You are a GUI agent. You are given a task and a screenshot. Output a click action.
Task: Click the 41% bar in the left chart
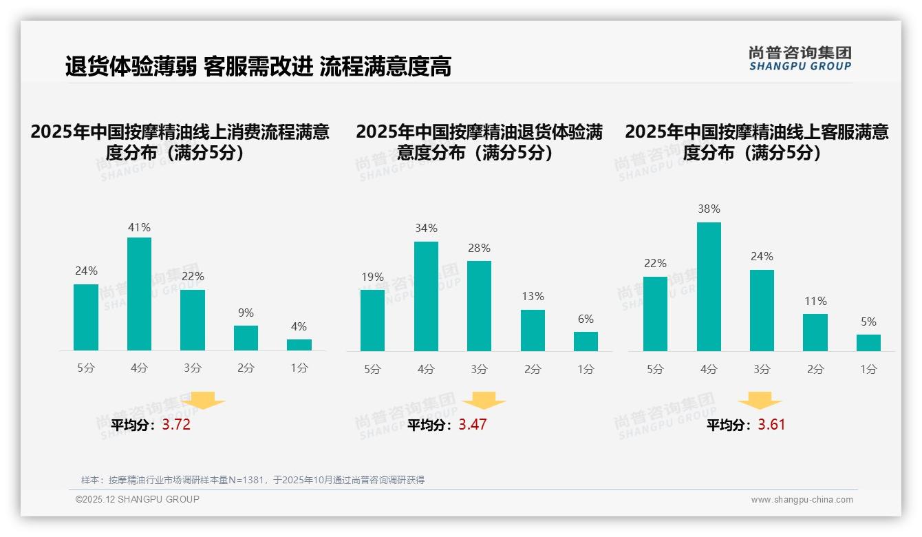pos(139,294)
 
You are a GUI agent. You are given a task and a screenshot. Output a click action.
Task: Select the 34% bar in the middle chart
pos(426,296)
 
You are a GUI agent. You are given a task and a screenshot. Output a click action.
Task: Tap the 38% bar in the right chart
pos(709,286)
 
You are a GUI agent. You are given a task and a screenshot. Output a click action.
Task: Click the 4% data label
pos(299,327)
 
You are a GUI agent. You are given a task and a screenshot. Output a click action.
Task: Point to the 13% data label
pos(533,297)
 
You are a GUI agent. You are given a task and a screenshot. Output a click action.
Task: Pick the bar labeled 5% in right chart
pos(868,343)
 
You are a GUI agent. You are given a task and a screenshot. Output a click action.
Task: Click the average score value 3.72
pos(176,425)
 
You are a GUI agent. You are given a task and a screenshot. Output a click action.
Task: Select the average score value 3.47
pos(473,425)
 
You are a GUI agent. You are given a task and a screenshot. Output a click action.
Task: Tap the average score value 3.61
pos(771,425)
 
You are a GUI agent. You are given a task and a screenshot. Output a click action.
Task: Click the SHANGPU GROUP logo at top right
pos(800,59)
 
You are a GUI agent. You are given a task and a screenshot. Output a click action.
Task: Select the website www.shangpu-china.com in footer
pos(802,500)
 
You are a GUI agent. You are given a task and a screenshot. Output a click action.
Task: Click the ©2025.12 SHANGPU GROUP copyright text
pos(138,499)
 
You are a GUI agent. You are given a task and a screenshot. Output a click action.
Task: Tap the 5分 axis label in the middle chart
pos(372,370)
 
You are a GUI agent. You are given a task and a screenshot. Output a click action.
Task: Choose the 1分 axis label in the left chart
pos(299,368)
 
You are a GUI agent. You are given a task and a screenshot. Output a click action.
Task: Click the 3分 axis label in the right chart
pos(762,370)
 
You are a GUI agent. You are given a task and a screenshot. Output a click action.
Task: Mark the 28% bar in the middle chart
pos(479,306)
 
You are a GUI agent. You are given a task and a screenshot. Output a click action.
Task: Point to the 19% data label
pos(372,277)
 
